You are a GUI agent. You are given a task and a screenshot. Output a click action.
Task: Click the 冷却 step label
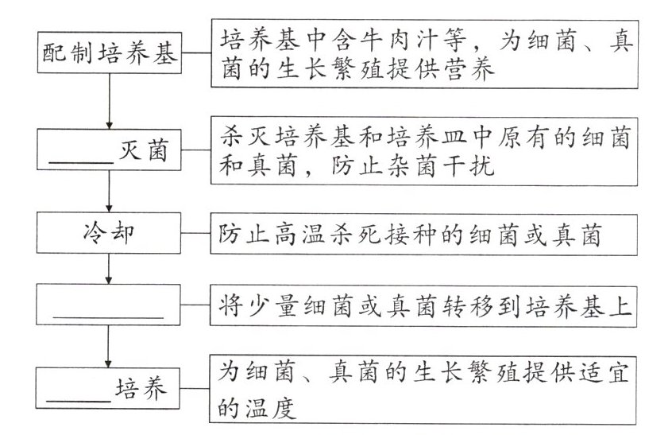click(108, 235)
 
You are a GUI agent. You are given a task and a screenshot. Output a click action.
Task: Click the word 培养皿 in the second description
click(412, 138)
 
